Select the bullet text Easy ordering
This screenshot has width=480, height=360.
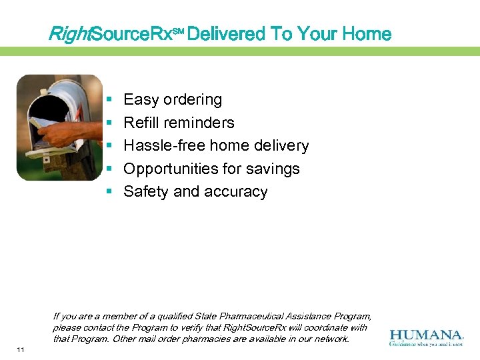pyautogui.click(x=173, y=100)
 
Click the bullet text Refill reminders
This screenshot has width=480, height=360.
pyautogui.click(x=179, y=123)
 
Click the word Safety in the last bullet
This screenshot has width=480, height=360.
pyautogui.click(x=146, y=192)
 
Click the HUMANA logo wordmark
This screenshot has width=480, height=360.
pyautogui.click(x=426, y=335)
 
